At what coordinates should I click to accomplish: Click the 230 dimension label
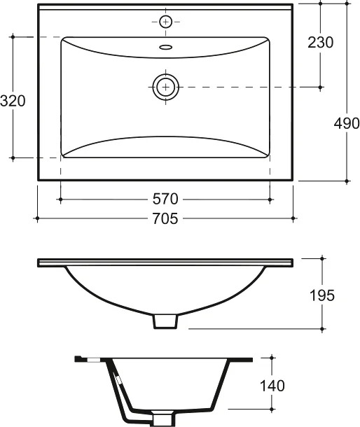tap(321, 43)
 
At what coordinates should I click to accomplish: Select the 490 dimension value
tap(347, 124)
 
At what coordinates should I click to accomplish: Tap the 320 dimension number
tap(13, 101)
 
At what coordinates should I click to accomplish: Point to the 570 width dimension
tap(165, 199)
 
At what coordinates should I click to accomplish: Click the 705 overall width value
tap(165, 218)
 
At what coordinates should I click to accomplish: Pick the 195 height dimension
tap(322, 295)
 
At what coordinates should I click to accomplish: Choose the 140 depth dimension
tap(272, 386)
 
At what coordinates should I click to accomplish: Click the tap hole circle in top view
tap(166, 22)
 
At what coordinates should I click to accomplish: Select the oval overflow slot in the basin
tap(166, 48)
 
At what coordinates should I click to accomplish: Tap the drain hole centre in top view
tap(166, 87)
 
